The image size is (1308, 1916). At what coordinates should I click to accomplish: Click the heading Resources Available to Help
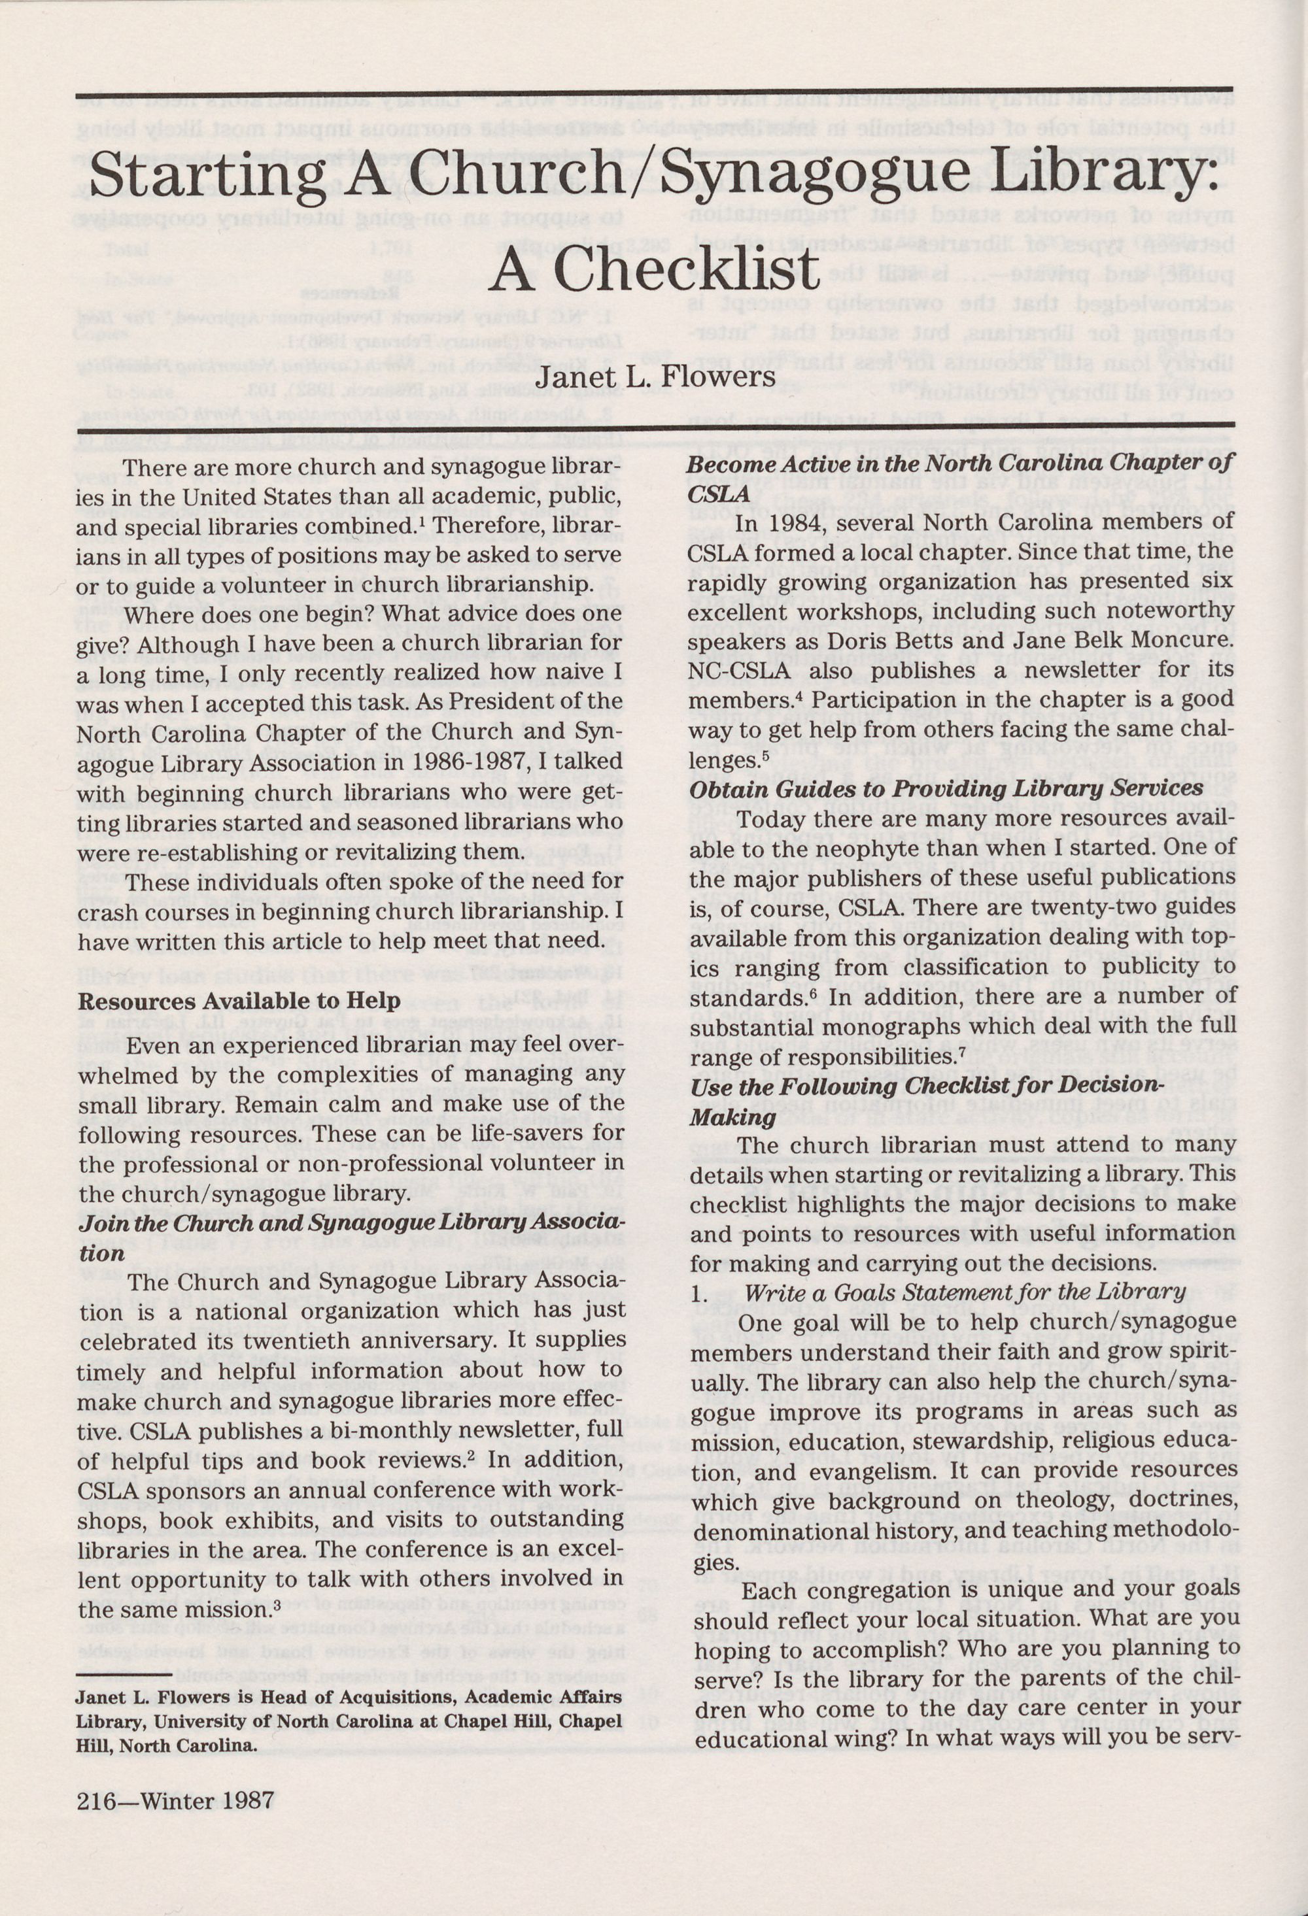(239, 1001)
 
